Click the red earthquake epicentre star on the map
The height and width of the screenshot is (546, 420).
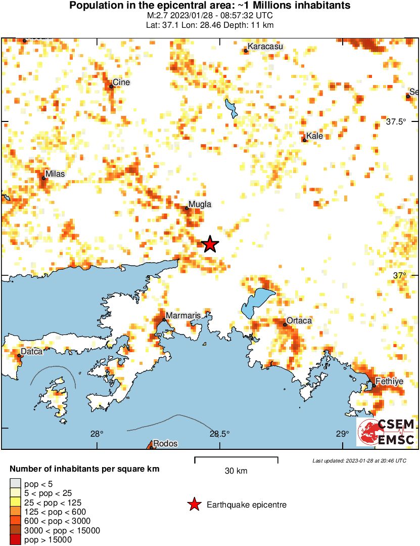point(210,244)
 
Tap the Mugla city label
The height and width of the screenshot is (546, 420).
point(199,204)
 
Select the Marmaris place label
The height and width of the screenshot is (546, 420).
point(184,316)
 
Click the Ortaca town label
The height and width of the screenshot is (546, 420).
point(299,321)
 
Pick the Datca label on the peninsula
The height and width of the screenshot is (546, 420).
point(31,351)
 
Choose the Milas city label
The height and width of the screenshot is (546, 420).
point(55,174)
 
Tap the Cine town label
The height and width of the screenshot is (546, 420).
point(121,82)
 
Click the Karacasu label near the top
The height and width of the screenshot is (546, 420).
point(265,47)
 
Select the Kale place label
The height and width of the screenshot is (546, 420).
point(314,136)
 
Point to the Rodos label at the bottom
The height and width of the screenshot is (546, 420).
point(165,444)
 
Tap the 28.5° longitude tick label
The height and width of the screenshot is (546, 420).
point(219,434)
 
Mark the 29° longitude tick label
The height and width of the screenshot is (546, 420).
point(342,434)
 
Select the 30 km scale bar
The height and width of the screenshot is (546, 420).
point(236,459)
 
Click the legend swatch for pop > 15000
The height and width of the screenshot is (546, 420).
point(15,540)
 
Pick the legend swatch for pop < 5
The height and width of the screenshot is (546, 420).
point(15,484)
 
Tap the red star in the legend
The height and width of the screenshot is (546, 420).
point(194,505)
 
